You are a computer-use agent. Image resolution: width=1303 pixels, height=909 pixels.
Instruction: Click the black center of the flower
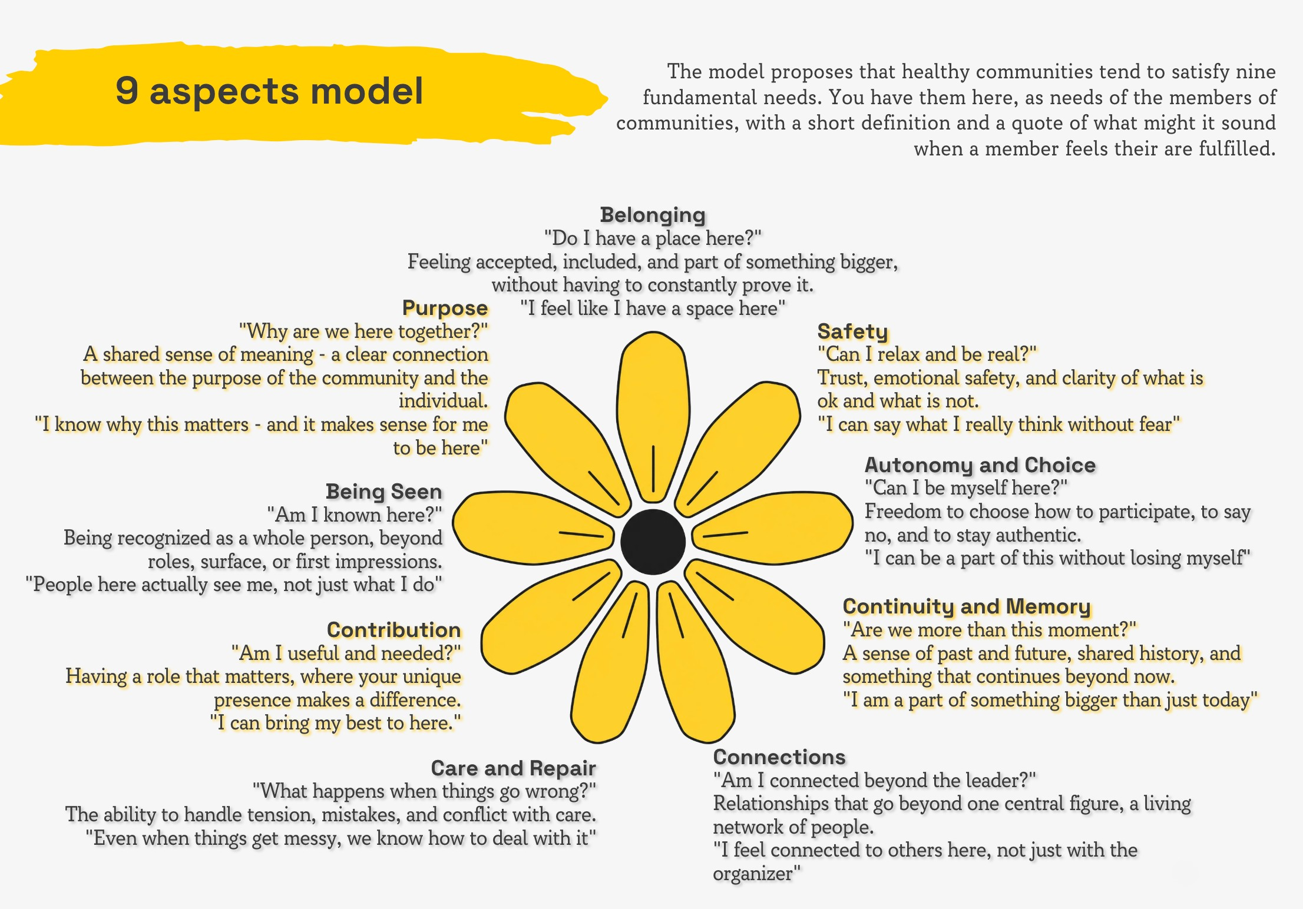[x=653, y=541]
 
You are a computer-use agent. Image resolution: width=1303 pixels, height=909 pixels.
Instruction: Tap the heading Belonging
[x=653, y=215]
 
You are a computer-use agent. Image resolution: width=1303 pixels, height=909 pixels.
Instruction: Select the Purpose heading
[x=445, y=308]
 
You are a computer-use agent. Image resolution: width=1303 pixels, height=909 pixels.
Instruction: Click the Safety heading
[x=852, y=331]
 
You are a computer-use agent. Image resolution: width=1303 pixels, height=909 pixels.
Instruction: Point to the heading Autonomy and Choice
[x=980, y=465]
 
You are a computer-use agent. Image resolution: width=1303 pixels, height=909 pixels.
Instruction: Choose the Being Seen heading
[x=383, y=492]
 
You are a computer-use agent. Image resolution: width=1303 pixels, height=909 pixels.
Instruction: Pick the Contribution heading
[x=393, y=630]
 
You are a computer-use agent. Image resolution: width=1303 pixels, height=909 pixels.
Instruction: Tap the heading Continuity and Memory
[x=967, y=606]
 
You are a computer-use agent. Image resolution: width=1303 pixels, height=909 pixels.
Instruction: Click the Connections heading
[x=779, y=757]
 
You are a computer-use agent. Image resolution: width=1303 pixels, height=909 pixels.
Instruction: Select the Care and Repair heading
[x=513, y=768]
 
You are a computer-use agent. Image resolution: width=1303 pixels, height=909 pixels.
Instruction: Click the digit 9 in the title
[x=127, y=91]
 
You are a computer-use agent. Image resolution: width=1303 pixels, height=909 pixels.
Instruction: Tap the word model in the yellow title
[x=366, y=91]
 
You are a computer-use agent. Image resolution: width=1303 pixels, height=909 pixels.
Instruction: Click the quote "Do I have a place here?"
[x=653, y=238]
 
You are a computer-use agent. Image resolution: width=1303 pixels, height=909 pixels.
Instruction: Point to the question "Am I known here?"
[x=354, y=515]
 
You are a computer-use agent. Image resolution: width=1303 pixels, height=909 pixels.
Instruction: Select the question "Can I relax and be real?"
[x=927, y=354]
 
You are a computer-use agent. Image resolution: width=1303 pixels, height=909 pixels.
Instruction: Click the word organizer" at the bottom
[x=757, y=874]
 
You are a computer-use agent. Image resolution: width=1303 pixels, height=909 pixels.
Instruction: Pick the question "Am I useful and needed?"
[x=346, y=653]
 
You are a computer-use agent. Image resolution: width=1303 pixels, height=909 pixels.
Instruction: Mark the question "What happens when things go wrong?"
[x=424, y=791]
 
